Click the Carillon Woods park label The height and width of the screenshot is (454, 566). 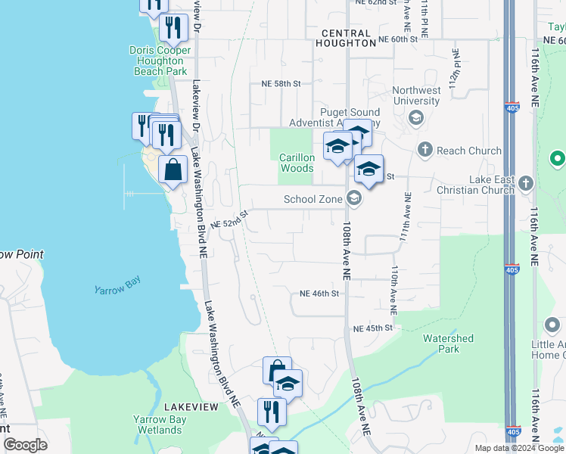coord(296,163)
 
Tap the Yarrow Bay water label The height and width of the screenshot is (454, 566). coord(117,289)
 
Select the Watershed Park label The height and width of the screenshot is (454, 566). coord(448,344)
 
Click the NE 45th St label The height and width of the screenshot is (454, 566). coord(373,328)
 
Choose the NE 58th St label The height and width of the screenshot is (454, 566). coord(281,83)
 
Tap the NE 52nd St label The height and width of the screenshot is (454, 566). coord(229,220)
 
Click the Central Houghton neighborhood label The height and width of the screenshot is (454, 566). coord(347,39)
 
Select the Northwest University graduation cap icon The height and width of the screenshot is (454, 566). coord(415,117)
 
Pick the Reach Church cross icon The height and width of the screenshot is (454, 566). coord(425,151)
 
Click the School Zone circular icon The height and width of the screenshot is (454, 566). coord(353,199)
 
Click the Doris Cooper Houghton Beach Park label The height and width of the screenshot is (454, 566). coord(160,61)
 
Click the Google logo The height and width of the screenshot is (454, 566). coord(26,445)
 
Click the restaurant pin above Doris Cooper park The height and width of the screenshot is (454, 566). coord(175,30)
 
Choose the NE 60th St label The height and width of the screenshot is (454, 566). coord(398,39)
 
